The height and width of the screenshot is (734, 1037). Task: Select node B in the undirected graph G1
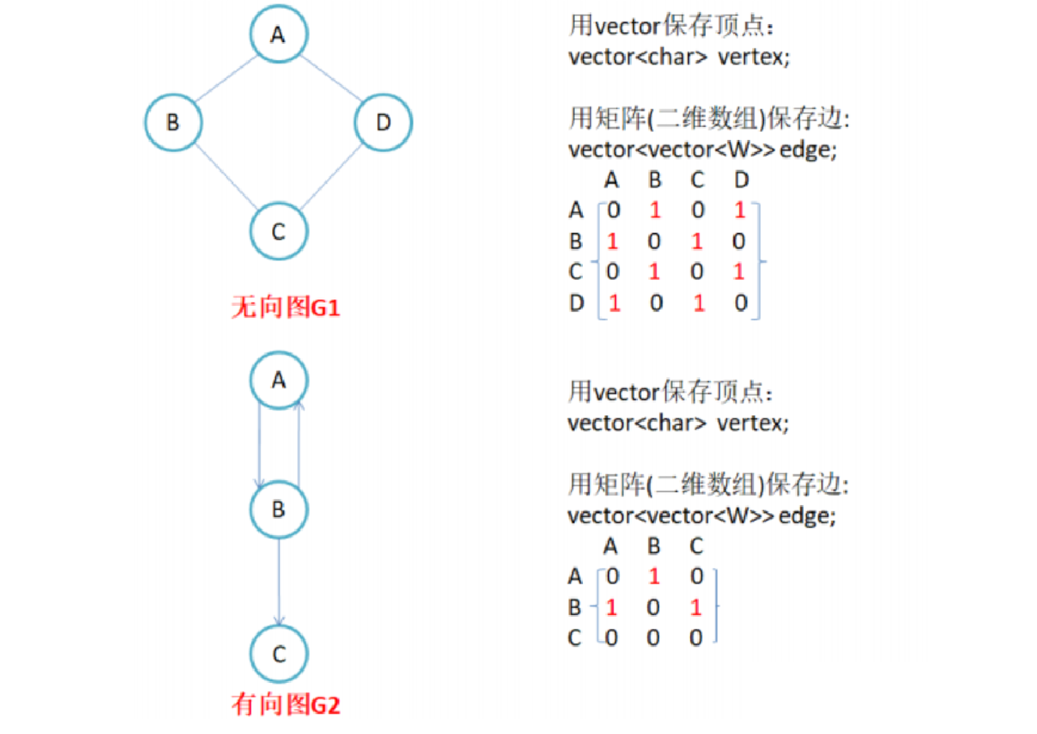[172, 123]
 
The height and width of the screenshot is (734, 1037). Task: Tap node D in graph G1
[383, 123]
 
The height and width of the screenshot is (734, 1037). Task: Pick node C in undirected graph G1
[278, 232]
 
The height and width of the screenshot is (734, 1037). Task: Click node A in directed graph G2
[278, 380]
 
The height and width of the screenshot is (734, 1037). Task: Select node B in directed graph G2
[278, 510]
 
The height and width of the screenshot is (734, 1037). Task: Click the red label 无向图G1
[286, 308]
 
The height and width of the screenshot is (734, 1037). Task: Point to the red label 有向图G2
[286, 705]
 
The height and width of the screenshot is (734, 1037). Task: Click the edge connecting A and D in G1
[332, 78]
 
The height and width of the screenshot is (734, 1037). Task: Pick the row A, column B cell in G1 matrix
[654, 210]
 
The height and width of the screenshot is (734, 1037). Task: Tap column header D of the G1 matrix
[740, 179]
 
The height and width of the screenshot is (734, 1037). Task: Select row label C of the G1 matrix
[576, 273]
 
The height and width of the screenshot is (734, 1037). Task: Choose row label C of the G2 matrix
[575, 639]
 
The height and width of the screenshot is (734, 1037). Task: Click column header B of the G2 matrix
[654, 547]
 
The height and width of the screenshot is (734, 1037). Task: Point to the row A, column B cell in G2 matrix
[654, 577]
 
